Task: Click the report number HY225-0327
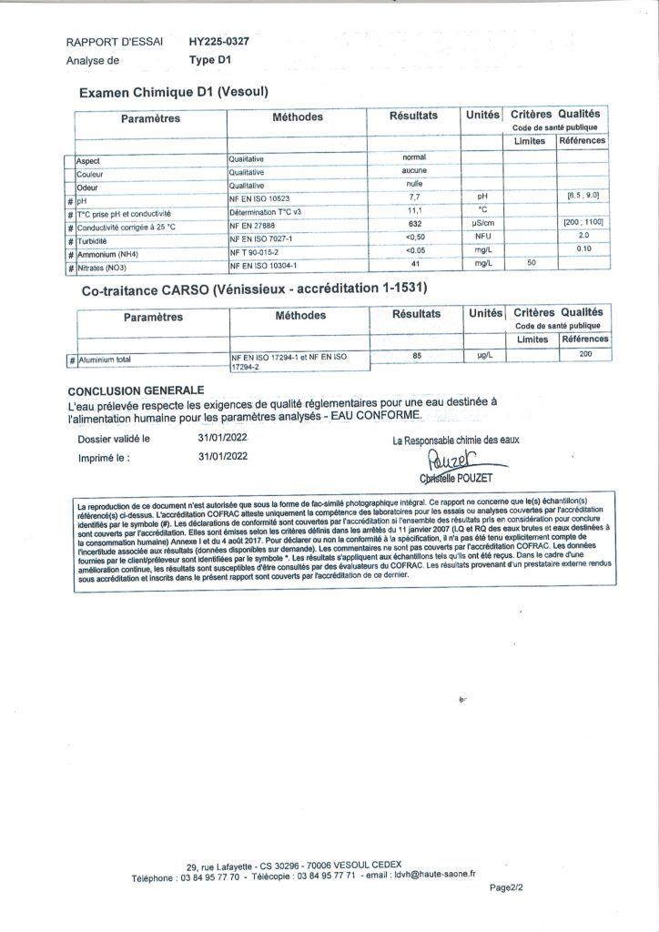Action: pos(219,42)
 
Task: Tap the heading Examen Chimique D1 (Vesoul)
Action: pos(173,93)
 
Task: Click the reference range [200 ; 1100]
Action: pos(583,224)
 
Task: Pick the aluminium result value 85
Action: pos(417,356)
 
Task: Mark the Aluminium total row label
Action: pos(105,360)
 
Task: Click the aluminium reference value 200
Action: pos(585,354)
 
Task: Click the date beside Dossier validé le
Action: pos(222,438)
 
